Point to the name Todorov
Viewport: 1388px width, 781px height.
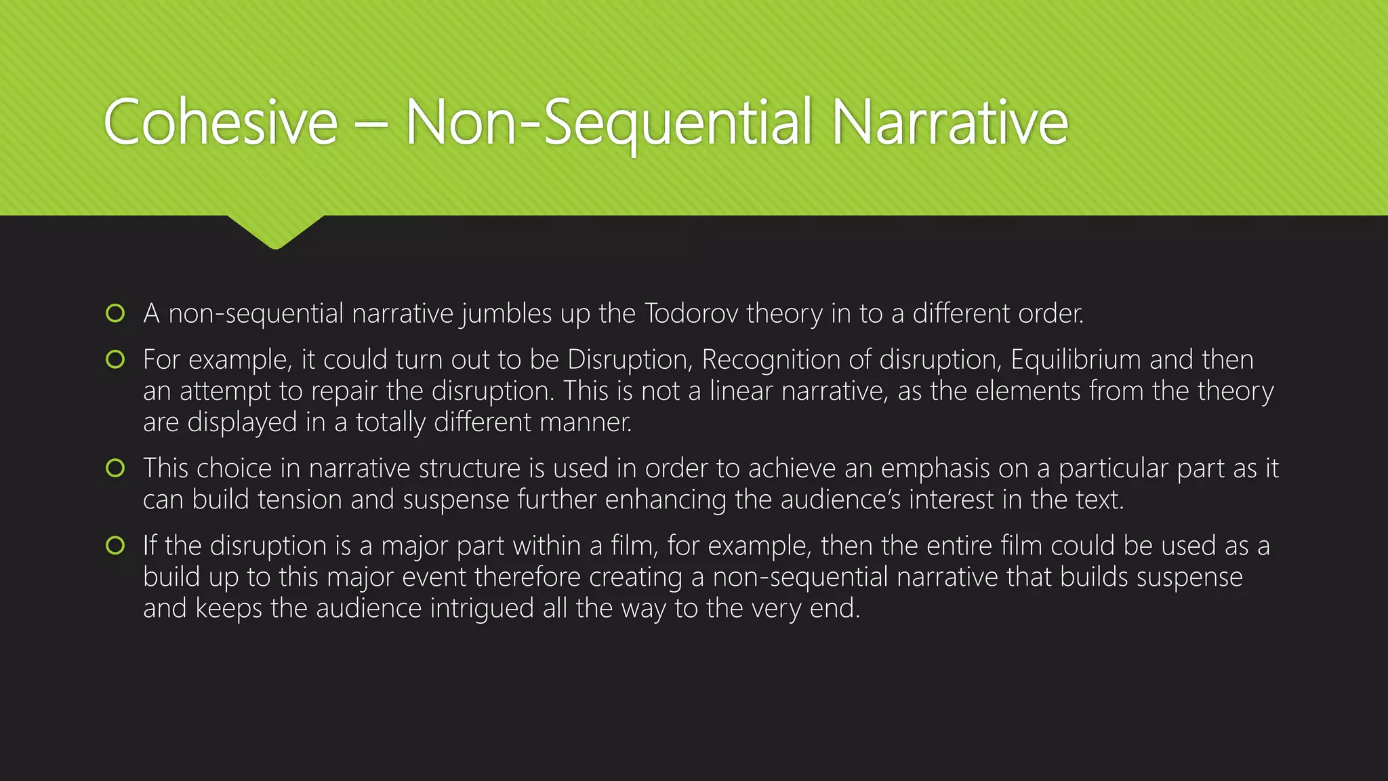coord(691,313)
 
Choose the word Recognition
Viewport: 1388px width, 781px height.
coord(771,360)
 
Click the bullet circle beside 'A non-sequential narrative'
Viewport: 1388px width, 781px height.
coord(116,313)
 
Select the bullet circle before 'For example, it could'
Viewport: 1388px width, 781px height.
coord(116,359)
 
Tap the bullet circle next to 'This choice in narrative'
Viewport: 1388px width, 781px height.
coord(116,468)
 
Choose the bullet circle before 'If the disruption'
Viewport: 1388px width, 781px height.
coord(116,545)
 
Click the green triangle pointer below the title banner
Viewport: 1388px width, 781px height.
coord(276,231)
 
